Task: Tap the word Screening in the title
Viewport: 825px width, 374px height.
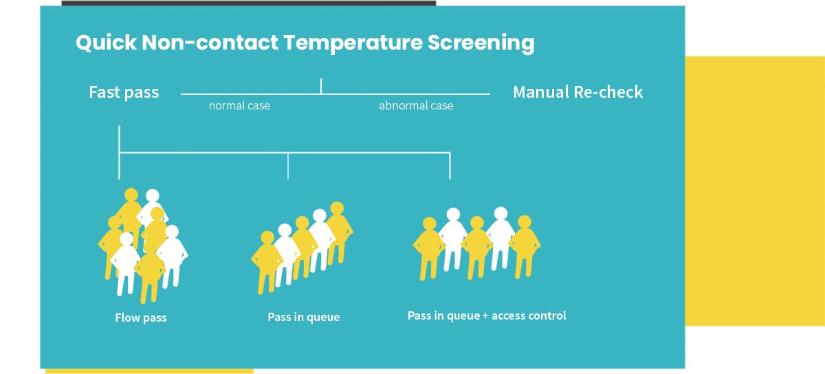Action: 481,43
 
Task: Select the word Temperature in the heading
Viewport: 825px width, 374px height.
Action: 353,43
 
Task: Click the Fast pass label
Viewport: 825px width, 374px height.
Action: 124,92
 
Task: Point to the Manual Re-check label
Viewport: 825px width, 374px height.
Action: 577,92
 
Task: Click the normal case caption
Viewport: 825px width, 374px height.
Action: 239,106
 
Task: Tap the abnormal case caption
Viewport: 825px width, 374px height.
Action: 416,106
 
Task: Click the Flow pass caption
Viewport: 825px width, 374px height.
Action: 141,318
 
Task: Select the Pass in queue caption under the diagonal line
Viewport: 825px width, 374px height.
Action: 304,318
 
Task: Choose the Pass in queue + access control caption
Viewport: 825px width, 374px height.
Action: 487,315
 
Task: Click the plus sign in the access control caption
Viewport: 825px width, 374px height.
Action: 485,315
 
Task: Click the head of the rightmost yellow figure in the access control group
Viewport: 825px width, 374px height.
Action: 525,222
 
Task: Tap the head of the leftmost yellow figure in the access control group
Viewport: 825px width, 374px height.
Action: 429,225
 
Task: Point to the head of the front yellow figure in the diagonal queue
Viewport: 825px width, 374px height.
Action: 267,238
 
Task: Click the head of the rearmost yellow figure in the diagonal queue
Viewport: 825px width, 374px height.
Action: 337,208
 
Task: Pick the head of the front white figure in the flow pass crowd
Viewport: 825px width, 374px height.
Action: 126,239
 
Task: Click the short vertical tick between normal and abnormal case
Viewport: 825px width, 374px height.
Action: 321,86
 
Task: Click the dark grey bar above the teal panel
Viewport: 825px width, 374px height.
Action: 248,3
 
